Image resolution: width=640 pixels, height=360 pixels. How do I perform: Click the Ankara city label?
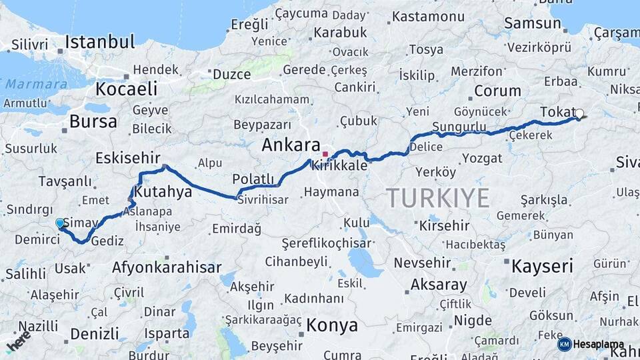pos(291,145)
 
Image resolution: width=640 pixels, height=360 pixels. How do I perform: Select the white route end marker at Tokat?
pos(579,114)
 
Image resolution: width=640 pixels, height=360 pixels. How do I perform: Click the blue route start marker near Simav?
pos(60,223)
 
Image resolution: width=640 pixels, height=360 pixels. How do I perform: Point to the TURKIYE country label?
pos(437,198)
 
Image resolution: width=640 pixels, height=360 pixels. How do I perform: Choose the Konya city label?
pos(332,325)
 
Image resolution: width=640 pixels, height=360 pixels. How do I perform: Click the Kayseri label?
pos(542,267)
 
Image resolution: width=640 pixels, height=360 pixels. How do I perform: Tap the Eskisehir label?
pos(128,158)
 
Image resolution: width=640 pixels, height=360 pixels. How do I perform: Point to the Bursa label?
pos(93,122)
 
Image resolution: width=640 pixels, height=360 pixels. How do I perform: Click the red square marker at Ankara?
pos(325,155)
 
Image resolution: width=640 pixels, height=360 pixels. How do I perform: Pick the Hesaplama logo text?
pos(597,344)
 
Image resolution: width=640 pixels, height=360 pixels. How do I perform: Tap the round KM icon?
pos(564,344)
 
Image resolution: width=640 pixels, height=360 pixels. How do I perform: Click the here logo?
pos(18,341)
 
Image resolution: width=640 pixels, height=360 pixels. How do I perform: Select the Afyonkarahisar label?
pos(167,267)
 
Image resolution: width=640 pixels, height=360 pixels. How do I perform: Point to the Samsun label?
pos(532,23)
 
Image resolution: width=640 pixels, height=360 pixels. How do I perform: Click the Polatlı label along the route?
pos(253,179)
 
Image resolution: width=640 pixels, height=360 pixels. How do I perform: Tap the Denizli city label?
pos(95,333)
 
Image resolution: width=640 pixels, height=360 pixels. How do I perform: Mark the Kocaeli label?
pos(126,89)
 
